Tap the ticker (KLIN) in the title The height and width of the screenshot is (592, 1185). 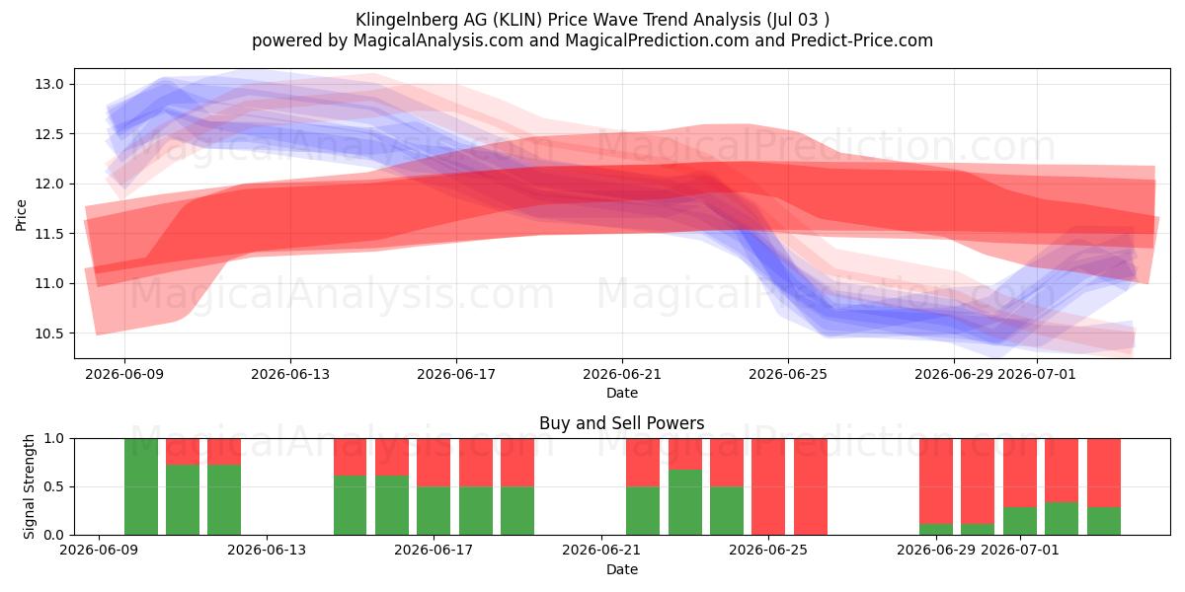coord(516,20)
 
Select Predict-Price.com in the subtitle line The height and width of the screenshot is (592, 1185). coord(862,40)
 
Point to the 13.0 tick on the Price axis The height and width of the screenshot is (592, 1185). coord(49,84)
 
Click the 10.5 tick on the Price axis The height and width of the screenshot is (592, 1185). coord(49,333)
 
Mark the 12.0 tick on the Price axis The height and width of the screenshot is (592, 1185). coord(49,184)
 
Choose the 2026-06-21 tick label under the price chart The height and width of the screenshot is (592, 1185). coord(622,374)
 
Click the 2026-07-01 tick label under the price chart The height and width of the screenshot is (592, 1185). coord(1037,374)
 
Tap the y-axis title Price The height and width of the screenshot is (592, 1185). coord(21,215)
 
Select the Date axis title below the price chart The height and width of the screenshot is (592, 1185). coord(622,393)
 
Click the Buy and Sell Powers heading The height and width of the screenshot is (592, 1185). coord(621,423)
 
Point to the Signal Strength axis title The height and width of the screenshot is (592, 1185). coord(29,486)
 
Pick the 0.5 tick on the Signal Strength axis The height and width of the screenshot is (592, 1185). coord(53,486)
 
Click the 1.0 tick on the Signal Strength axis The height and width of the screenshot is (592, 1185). coord(53,438)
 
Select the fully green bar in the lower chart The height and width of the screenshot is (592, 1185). coord(140,486)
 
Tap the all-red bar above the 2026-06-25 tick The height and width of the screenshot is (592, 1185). coord(768,486)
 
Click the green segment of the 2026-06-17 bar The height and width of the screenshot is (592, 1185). coord(434,511)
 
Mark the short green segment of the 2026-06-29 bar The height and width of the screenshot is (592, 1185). coord(936,529)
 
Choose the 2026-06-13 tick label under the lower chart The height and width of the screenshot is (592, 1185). coord(266,551)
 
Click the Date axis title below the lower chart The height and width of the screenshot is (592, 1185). coord(622,569)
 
